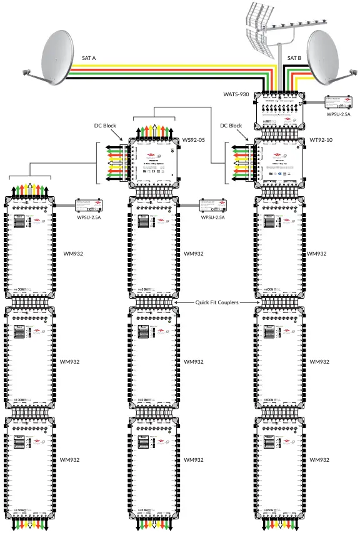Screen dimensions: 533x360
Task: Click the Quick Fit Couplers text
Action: [217, 302]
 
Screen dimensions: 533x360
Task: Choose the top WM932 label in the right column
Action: [318, 254]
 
